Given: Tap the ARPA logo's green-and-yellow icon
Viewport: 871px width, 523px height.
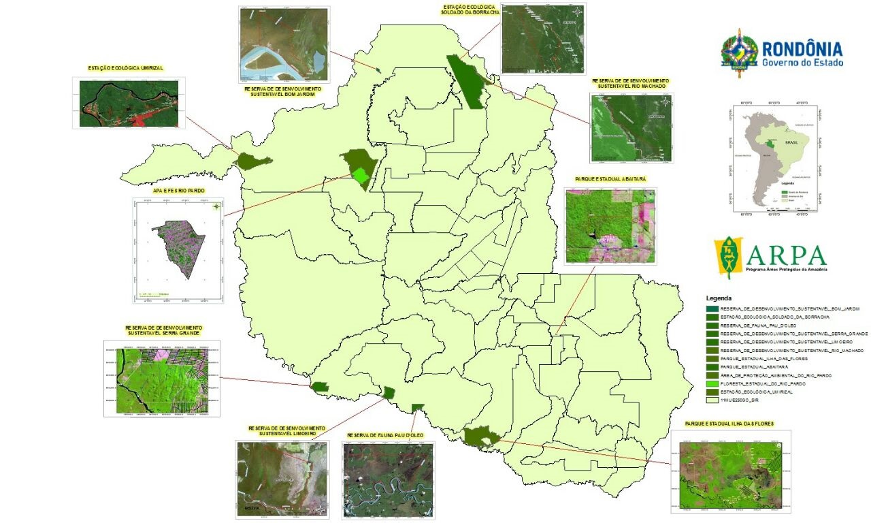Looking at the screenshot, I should (732, 257).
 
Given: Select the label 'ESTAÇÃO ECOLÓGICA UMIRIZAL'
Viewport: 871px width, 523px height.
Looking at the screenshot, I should (127, 68).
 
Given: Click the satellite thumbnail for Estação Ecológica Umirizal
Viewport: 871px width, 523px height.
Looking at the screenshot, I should (129, 103).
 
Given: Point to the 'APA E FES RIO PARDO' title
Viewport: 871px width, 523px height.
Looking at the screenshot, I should (179, 191).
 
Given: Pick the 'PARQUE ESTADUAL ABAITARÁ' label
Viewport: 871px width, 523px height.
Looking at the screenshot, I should (610, 179).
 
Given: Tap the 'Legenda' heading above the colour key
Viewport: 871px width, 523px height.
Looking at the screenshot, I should (719, 298).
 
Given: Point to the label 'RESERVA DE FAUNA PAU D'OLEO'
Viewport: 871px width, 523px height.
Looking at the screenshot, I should (384, 434).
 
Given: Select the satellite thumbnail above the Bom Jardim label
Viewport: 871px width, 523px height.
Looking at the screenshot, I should (284, 44).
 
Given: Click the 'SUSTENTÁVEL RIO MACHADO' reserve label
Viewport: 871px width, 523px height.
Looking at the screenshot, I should (629, 86).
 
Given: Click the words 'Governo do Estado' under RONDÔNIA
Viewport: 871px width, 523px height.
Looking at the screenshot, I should (802, 63).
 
